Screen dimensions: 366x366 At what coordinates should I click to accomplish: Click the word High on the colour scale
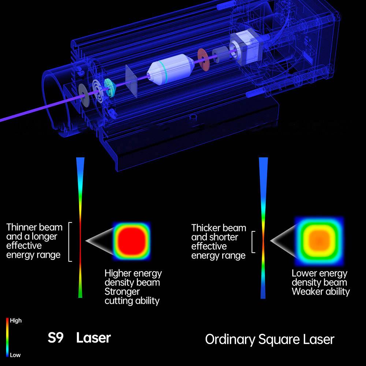tap(16, 321)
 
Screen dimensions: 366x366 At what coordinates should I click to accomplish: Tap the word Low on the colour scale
tap(15, 355)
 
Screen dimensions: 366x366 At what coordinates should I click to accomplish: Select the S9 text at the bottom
tap(56, 337)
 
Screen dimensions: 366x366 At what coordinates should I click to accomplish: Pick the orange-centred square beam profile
tap(319, 241)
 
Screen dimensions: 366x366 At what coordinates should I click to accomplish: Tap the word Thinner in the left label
tap(20, 227)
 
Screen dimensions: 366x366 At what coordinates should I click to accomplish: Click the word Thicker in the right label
tap(205, 228)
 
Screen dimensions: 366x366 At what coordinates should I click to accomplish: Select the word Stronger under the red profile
tap(122, 292)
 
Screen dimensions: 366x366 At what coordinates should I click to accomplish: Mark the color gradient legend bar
tap(7, 337)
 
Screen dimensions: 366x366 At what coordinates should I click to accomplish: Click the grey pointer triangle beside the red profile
tap(98, 240)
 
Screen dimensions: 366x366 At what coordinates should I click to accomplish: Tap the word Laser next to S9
tap(93, 337)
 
